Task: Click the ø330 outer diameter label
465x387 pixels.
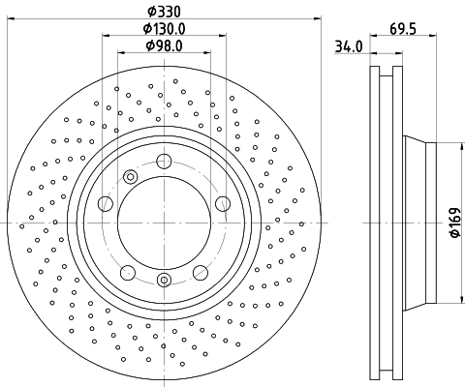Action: point(165,12)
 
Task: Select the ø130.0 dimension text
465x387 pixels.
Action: point(165,29)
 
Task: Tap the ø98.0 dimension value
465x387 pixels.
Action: point(165,45)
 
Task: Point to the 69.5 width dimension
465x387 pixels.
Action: point(403,29)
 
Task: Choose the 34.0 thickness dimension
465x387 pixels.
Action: point(349,46)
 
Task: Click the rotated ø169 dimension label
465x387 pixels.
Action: point(455,223)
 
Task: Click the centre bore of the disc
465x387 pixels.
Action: point(165,223)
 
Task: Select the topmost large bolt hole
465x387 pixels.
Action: point(164,162)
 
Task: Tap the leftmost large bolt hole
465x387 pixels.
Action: point(106,204)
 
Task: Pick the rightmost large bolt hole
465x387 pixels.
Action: point(223,204)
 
